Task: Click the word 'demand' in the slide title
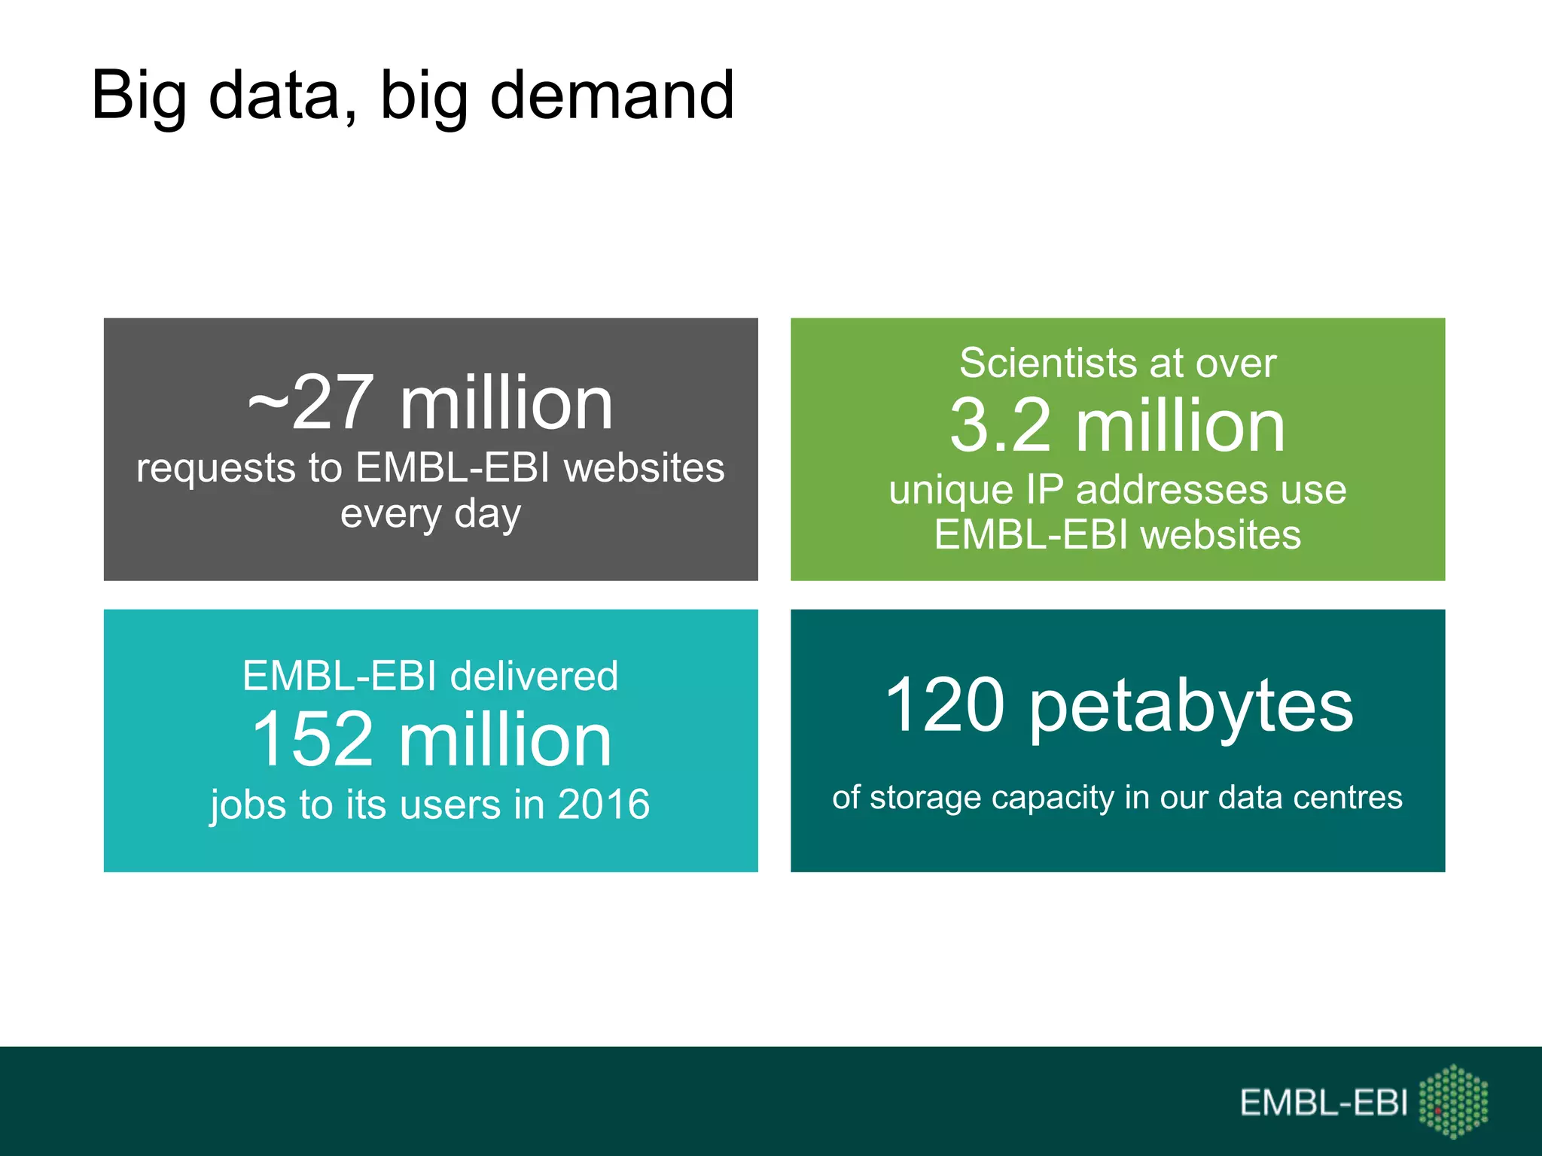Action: click(611, 96)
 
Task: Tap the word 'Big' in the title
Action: click(139, 96)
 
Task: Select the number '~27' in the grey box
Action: click(310, 404)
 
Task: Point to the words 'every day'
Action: click(431, 515)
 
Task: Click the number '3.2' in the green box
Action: click(1000, 427)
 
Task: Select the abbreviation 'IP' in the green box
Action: click(1044, 490)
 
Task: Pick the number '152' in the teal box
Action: click(312, 741)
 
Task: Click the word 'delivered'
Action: click(534, 676)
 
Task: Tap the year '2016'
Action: click(604, 805)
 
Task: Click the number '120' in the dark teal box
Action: click(945, 705)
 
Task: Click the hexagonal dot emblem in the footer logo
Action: click(1453, 1101)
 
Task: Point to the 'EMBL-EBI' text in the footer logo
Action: click(1323, 1103)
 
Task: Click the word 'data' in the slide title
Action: click(274, 96)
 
